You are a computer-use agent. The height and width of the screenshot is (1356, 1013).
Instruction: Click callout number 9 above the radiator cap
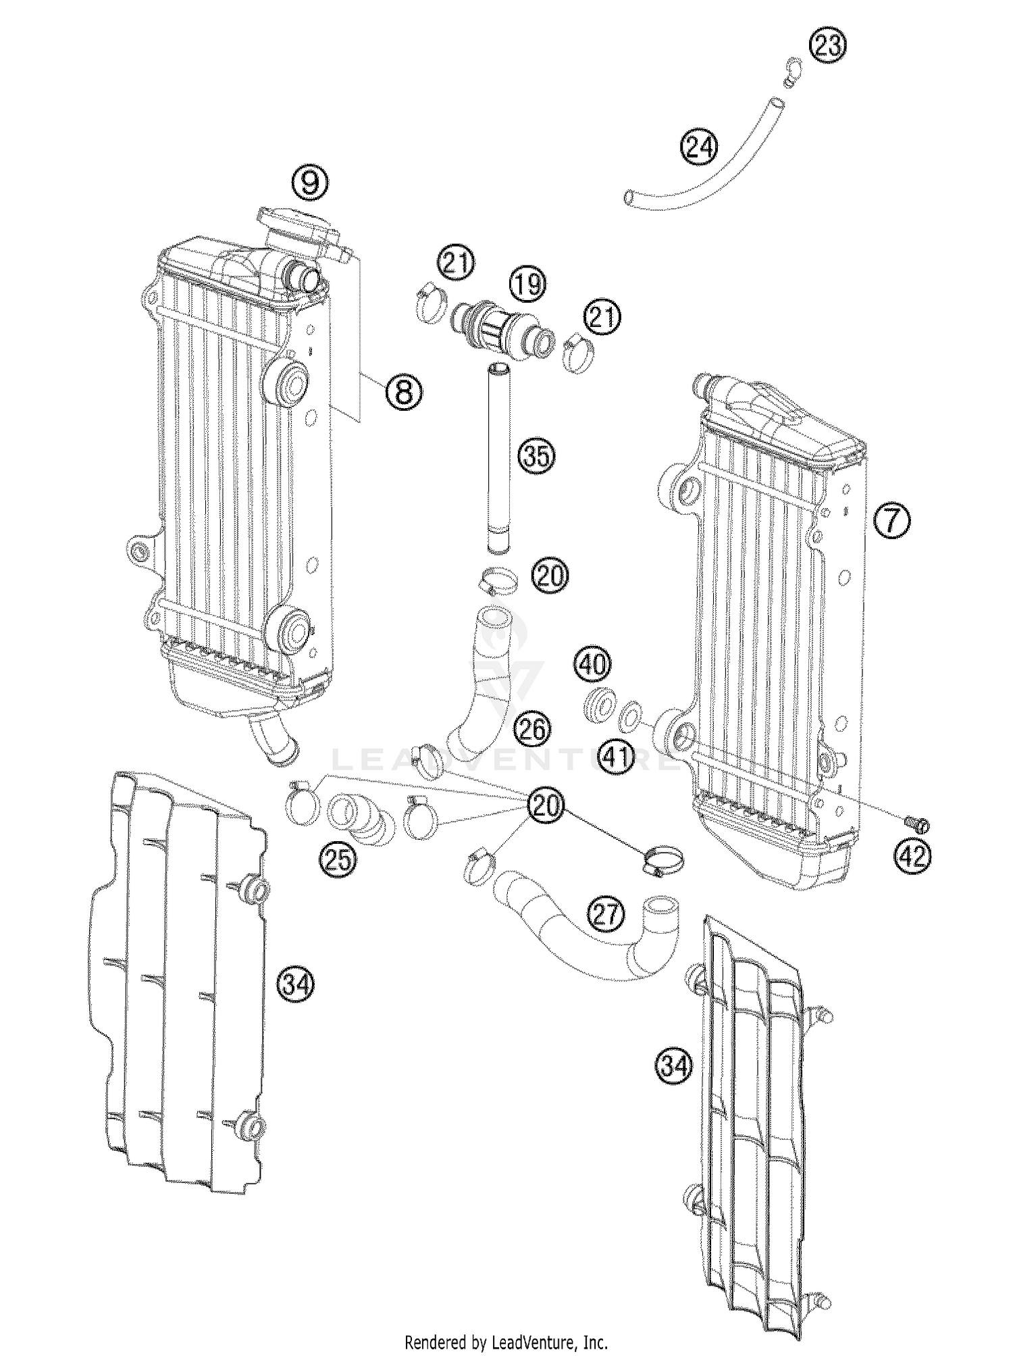(310, 183)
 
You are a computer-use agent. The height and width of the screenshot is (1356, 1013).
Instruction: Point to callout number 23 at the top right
(828, 45)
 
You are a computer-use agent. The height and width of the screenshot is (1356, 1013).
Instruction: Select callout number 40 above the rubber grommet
(594, 665)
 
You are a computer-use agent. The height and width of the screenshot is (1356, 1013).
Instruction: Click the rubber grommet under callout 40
(599, 704)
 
